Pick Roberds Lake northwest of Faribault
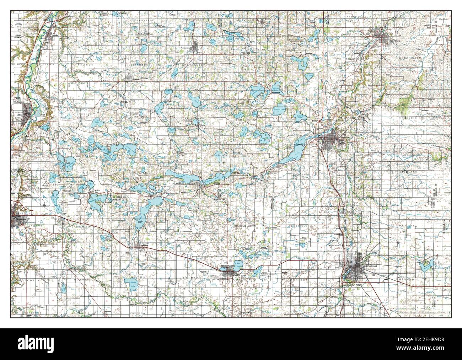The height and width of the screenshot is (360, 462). click(299, 116)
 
